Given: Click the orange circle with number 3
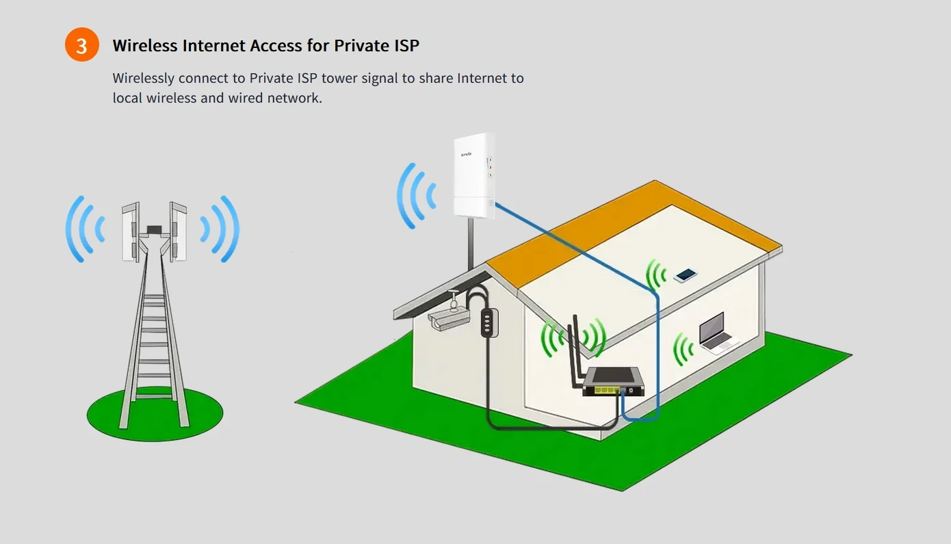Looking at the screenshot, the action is (x=82, y=45).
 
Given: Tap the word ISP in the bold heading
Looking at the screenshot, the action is (x=404, y=46).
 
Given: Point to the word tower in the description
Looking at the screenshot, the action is (x=339, y=78).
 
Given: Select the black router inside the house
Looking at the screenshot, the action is (x=613, y=381).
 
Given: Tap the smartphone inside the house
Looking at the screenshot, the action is (x=685, y=275).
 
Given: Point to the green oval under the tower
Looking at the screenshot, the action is (x=155, y=415).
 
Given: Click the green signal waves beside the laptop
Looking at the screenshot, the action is (x=682, y=349).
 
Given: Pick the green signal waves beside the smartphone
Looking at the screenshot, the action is (x=655, y=275).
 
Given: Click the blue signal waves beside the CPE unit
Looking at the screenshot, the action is (x=416, y=195).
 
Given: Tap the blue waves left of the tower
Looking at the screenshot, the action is (x=85, y=229).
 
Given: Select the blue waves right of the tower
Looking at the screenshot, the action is (x=220, y=229).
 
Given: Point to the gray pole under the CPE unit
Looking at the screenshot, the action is (x=471, y=243).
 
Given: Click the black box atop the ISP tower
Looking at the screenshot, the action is (x=154, y=228).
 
